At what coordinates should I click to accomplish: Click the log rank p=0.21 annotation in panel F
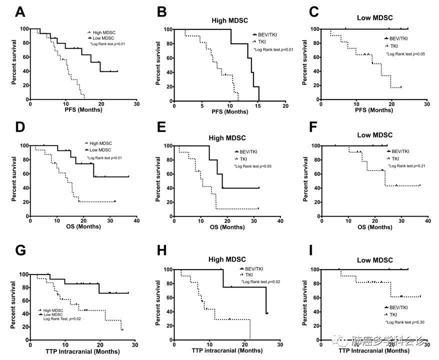point(407,165)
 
